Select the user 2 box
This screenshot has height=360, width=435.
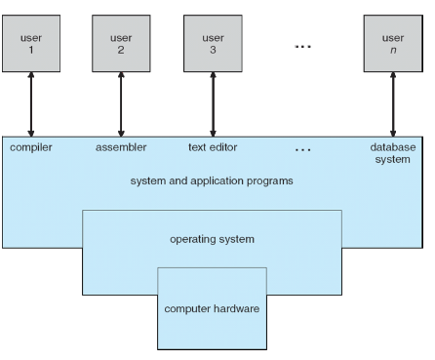[121, 39]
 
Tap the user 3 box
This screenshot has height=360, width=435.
[211, 39]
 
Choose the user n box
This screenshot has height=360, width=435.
[393, 39]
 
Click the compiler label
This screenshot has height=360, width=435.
[32, 147]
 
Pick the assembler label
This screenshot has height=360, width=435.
[121, 147]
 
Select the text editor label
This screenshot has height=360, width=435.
[212, 147]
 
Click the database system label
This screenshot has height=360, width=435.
[392, 153]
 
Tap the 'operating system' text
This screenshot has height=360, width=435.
[212, 236]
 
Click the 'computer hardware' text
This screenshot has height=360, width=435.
[212, 310]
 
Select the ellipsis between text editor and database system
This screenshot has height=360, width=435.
[301, 148]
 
